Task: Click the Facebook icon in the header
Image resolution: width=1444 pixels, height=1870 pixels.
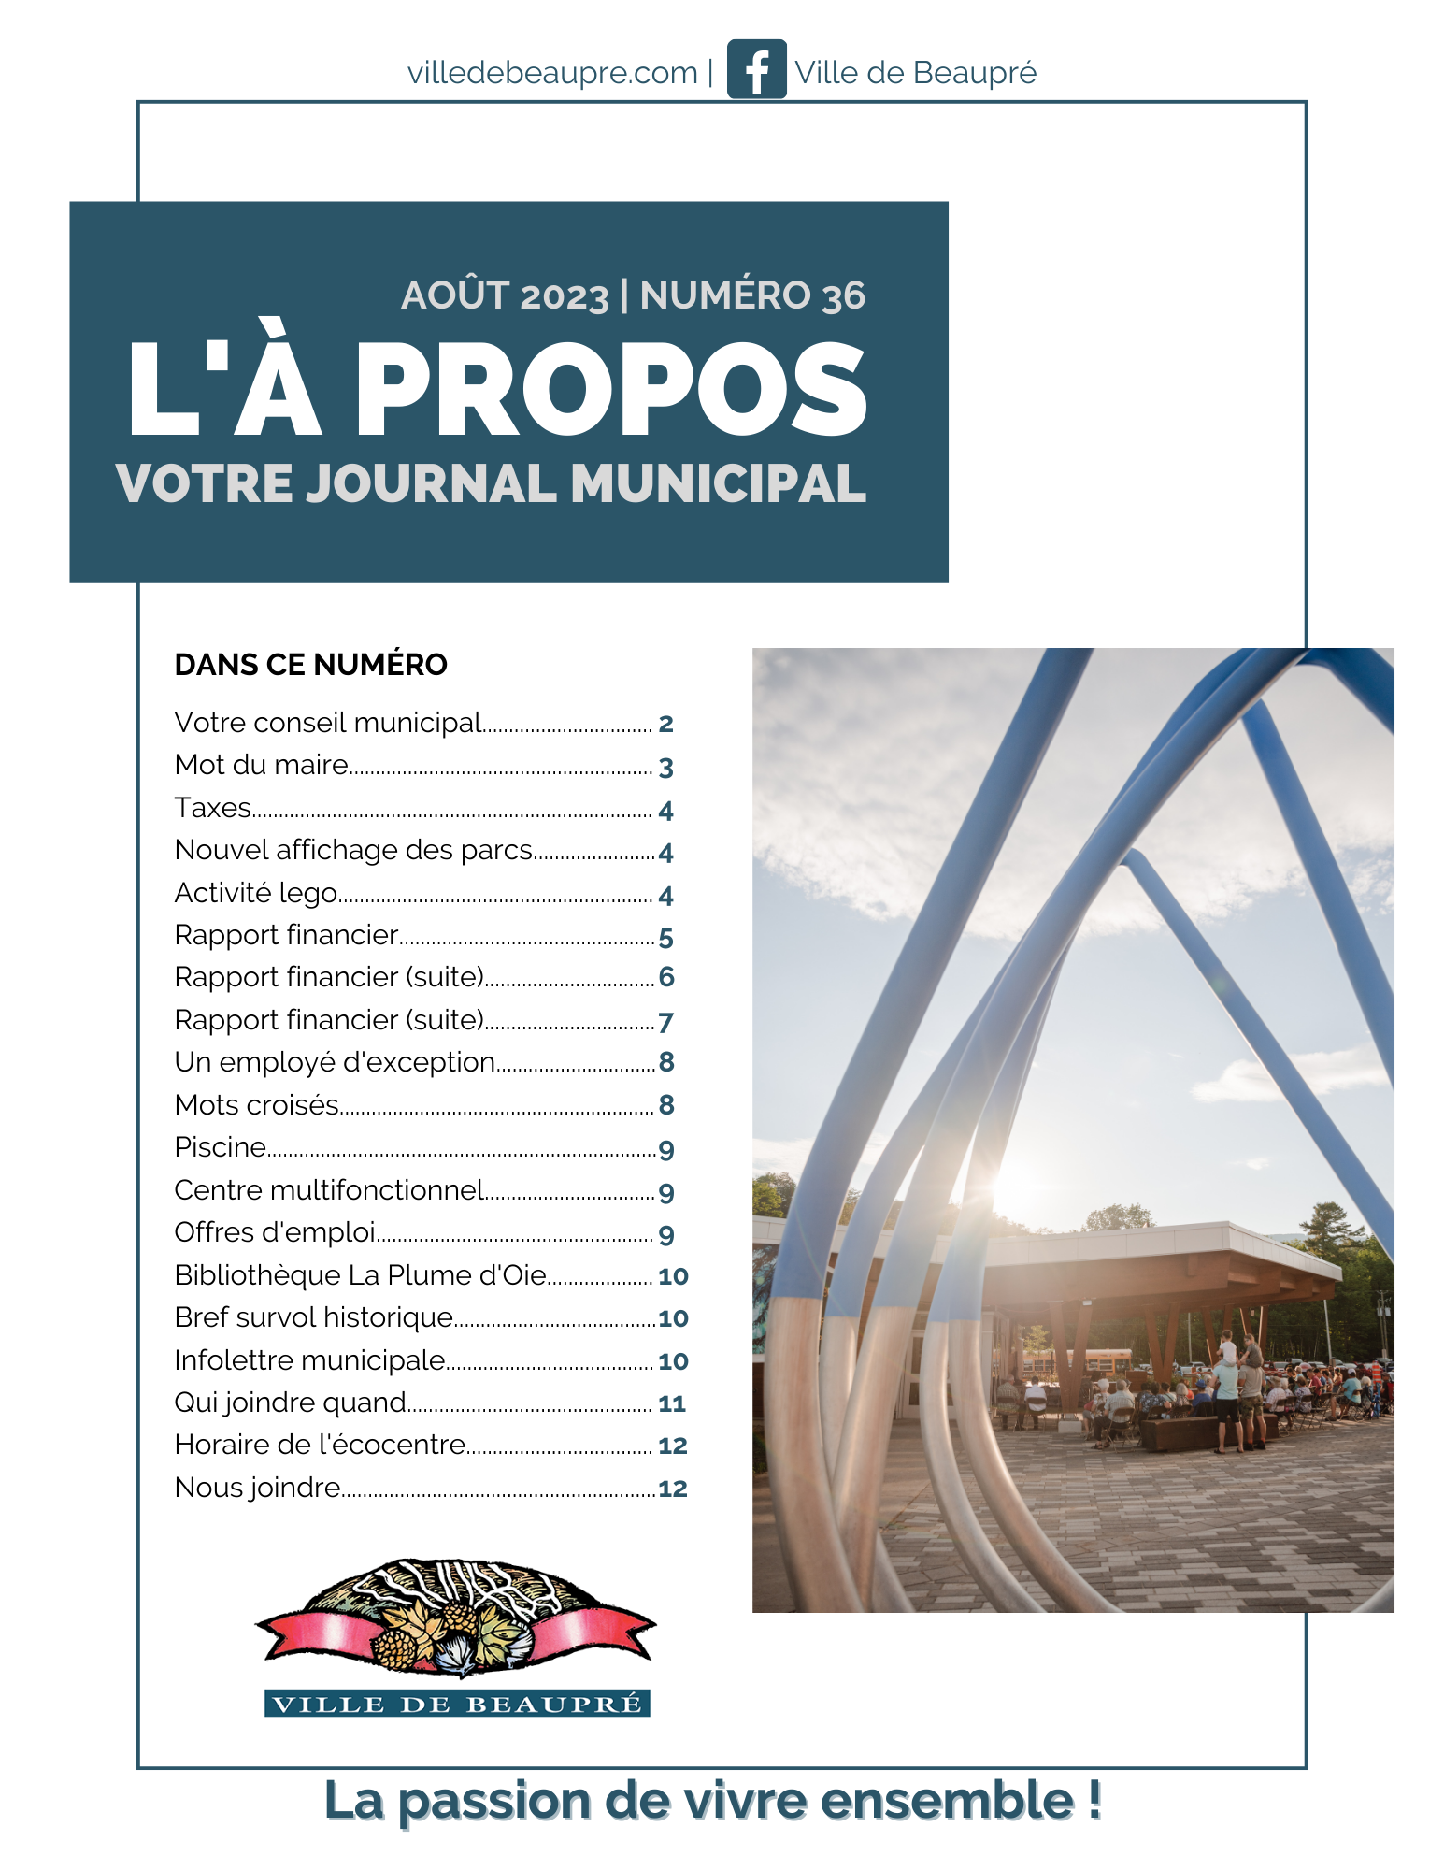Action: coord(756,69)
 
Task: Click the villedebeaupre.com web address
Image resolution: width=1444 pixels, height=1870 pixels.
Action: coord(552,73)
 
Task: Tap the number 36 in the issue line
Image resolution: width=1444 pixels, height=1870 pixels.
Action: coord(844,296)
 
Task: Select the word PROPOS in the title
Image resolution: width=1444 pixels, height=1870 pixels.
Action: coord(611,391)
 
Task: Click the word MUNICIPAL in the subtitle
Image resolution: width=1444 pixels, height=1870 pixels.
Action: coord(719,484)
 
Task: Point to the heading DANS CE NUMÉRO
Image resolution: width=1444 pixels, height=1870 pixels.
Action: coord(310,665)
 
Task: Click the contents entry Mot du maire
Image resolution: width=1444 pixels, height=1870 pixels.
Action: coord(262,765)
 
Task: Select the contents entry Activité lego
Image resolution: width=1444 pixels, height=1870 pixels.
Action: coord(256,893)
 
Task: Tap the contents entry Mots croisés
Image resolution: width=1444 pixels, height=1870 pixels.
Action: coord(257,1105)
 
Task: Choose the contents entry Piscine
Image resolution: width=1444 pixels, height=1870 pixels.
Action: coord(221,1147)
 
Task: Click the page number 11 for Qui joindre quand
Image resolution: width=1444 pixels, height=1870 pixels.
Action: coord(671,1403)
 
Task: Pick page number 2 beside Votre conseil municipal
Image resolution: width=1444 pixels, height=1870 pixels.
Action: coord(665,724)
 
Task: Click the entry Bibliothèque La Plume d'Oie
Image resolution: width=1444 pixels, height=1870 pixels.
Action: coord(360,1275)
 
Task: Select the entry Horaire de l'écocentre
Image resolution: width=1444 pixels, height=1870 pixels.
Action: coord(320,1446)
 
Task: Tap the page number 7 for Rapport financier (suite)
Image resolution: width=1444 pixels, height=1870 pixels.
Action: coord(665,1021)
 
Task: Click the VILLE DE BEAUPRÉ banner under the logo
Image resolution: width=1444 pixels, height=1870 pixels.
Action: coord(457,1704)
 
